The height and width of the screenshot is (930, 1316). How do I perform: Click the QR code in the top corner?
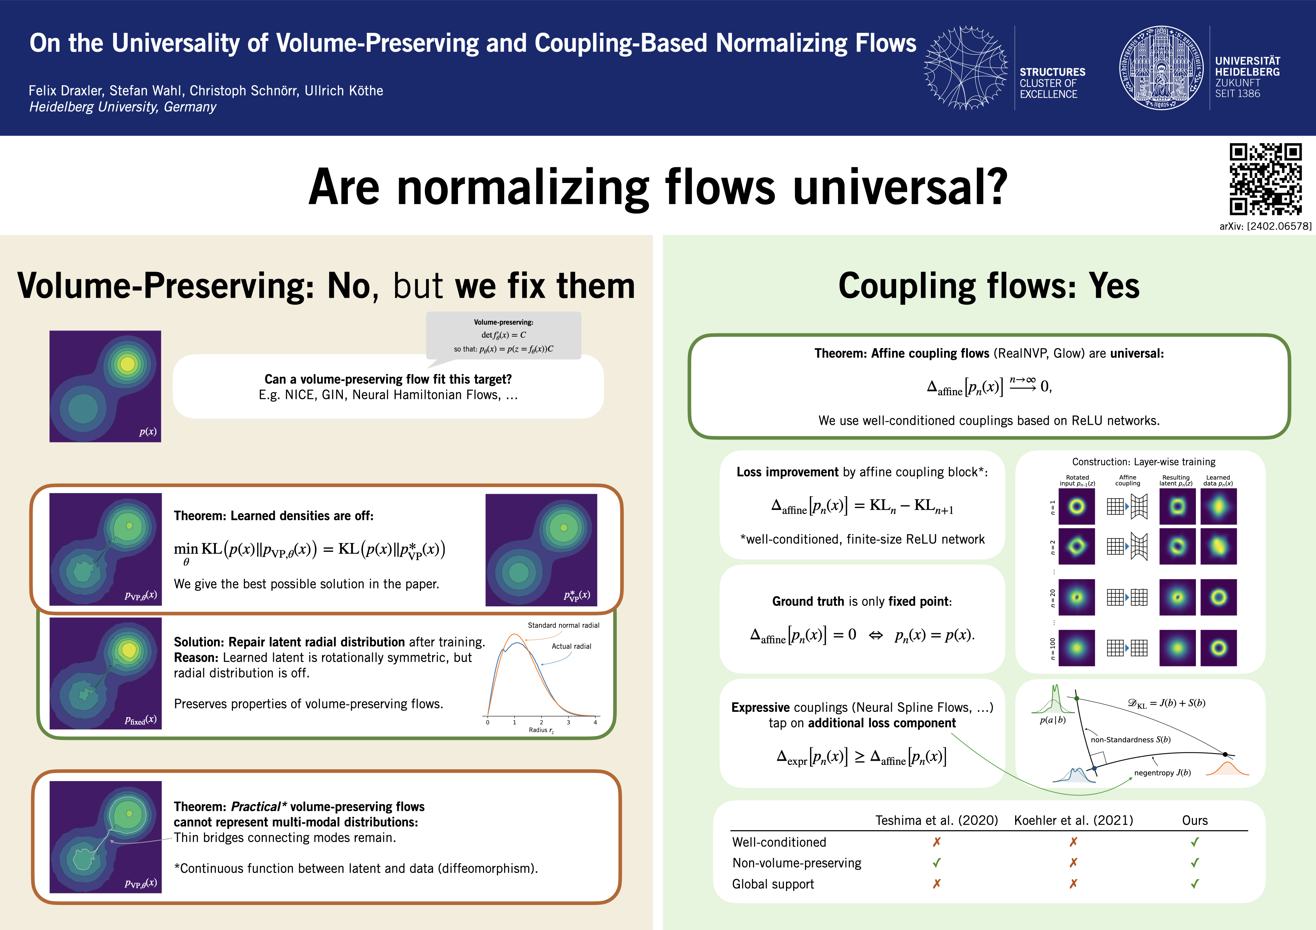pyautogui.click(x=1265, y=179)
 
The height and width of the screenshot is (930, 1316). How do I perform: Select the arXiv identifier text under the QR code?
pyautogui.click(x=1265, y=226)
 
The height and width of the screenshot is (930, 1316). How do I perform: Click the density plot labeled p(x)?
pyautogui.click(x=105, y=386)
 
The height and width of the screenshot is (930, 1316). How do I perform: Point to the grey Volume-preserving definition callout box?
pyautogui.click(x=503, y=335)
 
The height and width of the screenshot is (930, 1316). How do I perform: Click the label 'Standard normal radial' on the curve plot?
pyautogui.click(x=563, y=625)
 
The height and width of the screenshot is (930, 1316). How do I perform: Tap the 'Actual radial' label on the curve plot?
pyautogui.click(x=572, y=646)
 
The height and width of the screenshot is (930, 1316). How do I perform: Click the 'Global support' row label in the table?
pyautogui.click(x=773, y=884)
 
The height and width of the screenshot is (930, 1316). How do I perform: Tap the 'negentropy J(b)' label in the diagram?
pyautogui.click(x=1163, y=773)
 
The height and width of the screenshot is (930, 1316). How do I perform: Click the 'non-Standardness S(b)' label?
pyautogui.click(x=1130, y=739)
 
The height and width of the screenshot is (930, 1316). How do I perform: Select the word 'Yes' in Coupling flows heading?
pyautogui.click(x=1114, y=286)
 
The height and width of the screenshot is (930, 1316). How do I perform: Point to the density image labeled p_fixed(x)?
pyautogui.click(x=105, y=673)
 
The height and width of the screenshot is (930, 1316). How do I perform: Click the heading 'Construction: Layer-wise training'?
pyautogui.click(x=1144, y=461)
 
